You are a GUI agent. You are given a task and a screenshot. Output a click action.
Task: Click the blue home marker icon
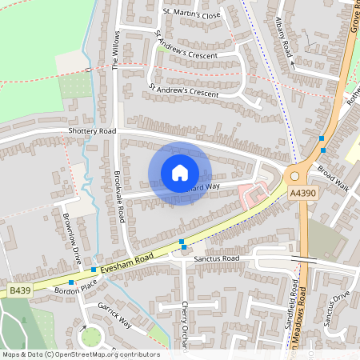(x=180, y=173)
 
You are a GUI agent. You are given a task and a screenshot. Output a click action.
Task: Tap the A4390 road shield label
(x=303, y=193)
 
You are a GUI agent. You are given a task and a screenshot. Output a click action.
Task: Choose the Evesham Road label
(x=133, y=258)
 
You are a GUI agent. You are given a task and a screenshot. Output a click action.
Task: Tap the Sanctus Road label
(x=219, y=259)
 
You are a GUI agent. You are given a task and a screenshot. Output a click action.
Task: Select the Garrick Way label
(x=115, y=315)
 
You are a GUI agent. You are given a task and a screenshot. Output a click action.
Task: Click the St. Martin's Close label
(x=191, y=14)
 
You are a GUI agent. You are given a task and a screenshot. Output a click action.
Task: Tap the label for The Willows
(x=115, y=51)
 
